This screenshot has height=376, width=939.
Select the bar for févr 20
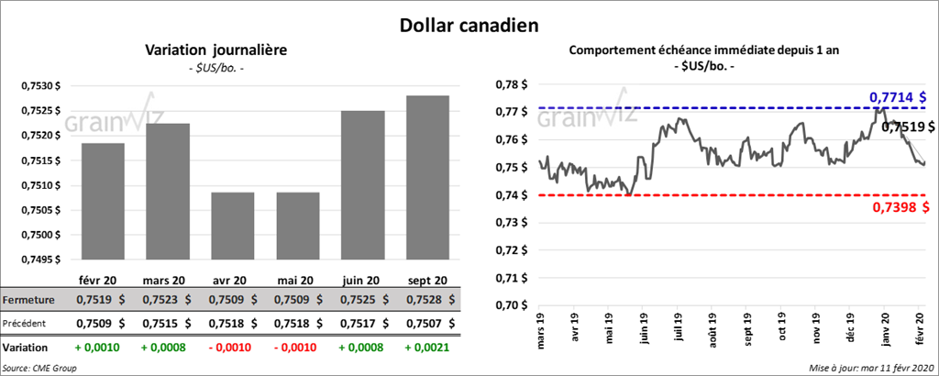[103, 202]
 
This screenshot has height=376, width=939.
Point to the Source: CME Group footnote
[39, 367]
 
